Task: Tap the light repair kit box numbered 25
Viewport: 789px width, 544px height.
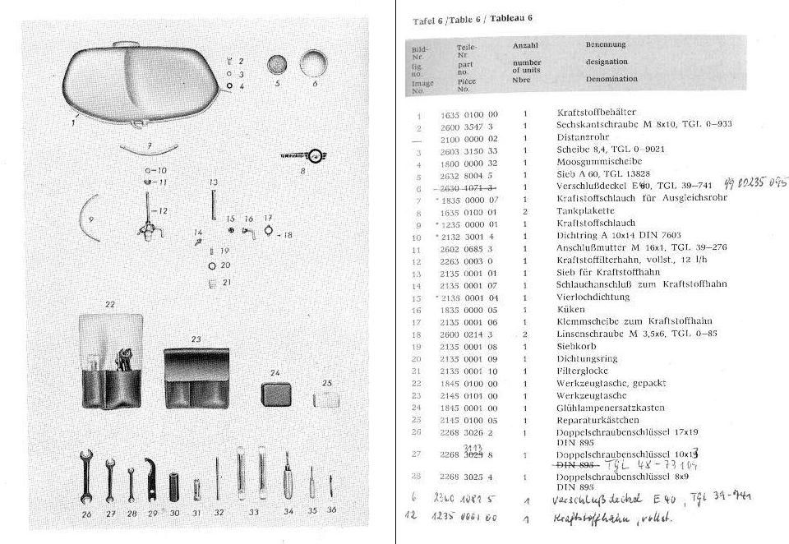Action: (x=326, y=399)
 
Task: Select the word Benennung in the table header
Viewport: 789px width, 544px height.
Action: (x=606, y=45)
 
